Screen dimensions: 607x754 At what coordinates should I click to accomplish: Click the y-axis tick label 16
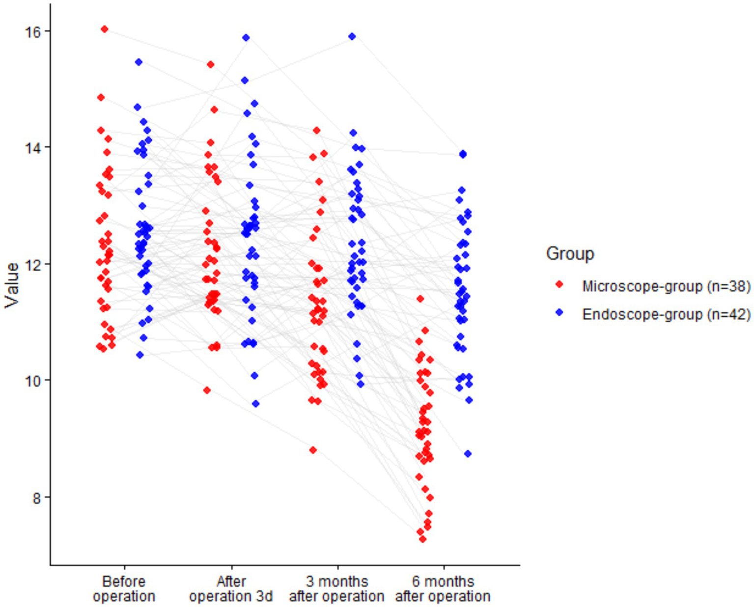[x=34, y=31]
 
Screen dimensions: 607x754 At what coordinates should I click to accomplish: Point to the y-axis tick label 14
[x=34, y=148]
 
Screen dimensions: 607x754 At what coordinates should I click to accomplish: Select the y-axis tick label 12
[x=34, y=264]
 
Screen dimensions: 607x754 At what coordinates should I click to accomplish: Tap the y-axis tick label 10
[x=34, y=381]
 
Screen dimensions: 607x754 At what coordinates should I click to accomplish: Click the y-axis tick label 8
[x=37, y=497]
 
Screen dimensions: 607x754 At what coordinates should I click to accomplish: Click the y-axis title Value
[x=12, y=285]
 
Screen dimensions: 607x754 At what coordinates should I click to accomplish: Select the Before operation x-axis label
[x=124, y=589]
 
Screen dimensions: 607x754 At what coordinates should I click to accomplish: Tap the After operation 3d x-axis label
[x=231, y=589]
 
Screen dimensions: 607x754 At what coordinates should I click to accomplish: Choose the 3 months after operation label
[x=336, y=589]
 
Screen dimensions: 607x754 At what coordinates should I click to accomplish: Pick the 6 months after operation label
[x=443, y=589]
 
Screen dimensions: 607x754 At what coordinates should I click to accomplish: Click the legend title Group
[x=570, y=254]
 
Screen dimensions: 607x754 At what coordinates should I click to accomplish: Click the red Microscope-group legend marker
[x=559, y=285]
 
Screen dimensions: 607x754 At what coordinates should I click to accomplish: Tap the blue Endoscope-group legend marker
[x=559, y=313]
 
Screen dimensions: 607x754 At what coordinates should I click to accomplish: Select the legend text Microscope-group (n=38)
[x=666, y=286]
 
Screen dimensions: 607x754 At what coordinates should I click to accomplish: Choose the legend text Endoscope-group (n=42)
[x=666, y=314]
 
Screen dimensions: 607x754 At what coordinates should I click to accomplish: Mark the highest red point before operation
[x=105, y=29]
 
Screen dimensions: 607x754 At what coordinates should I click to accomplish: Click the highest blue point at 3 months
[x=352, y=36]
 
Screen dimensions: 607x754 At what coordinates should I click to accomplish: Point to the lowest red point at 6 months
[x=422, y=539]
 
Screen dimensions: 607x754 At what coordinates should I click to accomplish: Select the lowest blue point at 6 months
[x=468, y=454]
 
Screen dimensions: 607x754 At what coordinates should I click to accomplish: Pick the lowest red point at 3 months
[x=313, y=450]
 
